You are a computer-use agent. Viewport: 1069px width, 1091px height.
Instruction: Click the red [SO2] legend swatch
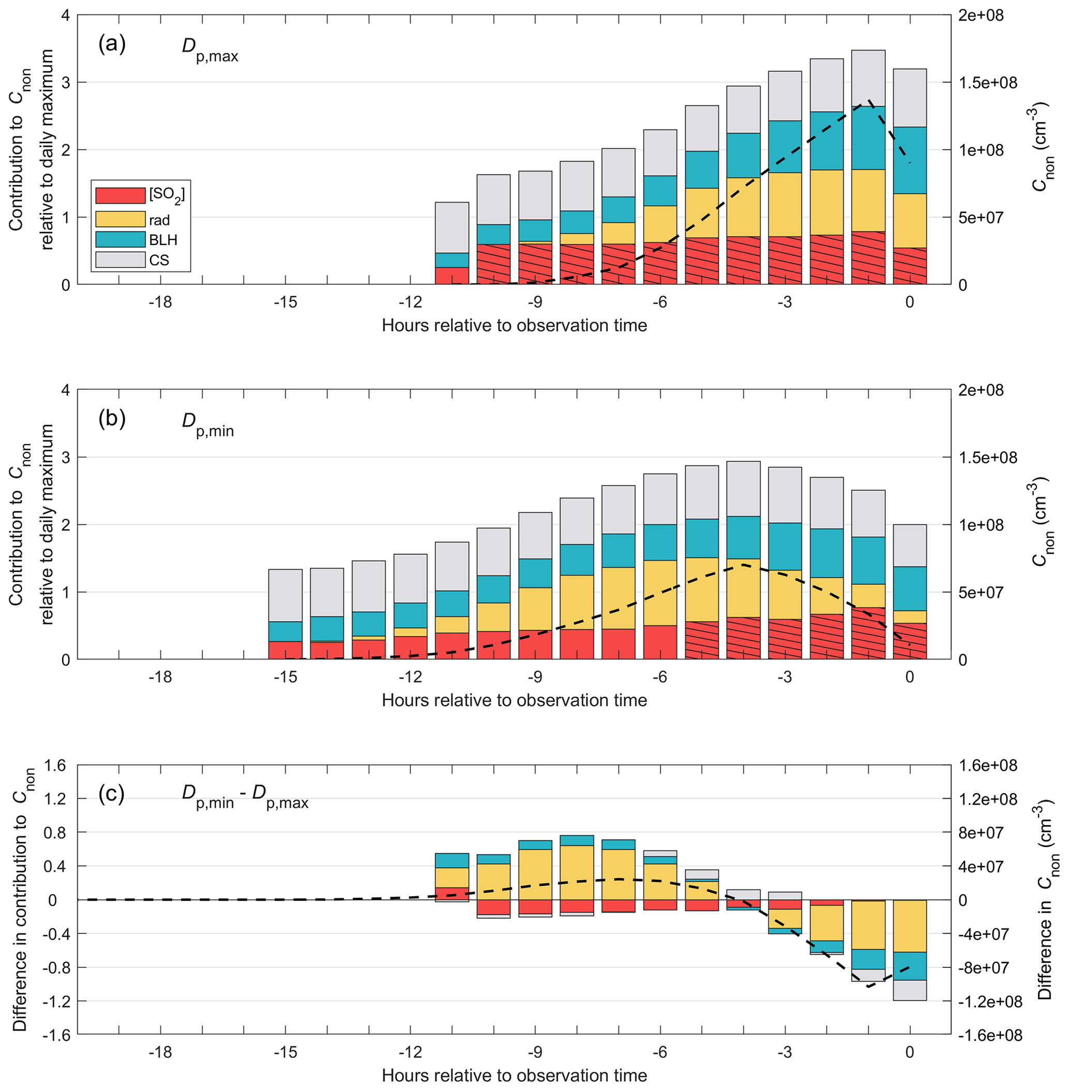pos(120,195)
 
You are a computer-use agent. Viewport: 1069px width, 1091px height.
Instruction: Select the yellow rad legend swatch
pos(120,219)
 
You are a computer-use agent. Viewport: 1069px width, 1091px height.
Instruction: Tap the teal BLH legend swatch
pos(120,239)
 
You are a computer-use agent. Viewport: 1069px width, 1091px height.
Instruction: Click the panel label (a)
pos(112,44)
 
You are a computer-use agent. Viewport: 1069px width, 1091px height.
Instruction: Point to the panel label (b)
pos(112,419)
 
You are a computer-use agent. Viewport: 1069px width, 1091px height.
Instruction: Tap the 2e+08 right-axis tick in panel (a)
pos(980,15)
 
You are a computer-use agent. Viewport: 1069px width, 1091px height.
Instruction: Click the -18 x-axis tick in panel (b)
pos(160,677)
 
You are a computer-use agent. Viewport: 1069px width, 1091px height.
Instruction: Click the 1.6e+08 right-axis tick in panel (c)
pos(987,765)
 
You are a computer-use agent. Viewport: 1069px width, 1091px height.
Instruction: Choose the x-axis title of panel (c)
pos(514,1075)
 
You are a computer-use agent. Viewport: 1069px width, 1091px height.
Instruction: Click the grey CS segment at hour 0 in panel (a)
pos(910,98)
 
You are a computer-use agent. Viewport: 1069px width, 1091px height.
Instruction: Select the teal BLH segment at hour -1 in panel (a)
pos(868,138)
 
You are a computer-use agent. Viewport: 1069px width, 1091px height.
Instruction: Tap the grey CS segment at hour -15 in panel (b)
pos(285,595)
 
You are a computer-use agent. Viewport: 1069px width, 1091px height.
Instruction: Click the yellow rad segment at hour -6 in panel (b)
pos(660,592)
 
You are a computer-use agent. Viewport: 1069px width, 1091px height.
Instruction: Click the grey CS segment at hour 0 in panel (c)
pos(910,990)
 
